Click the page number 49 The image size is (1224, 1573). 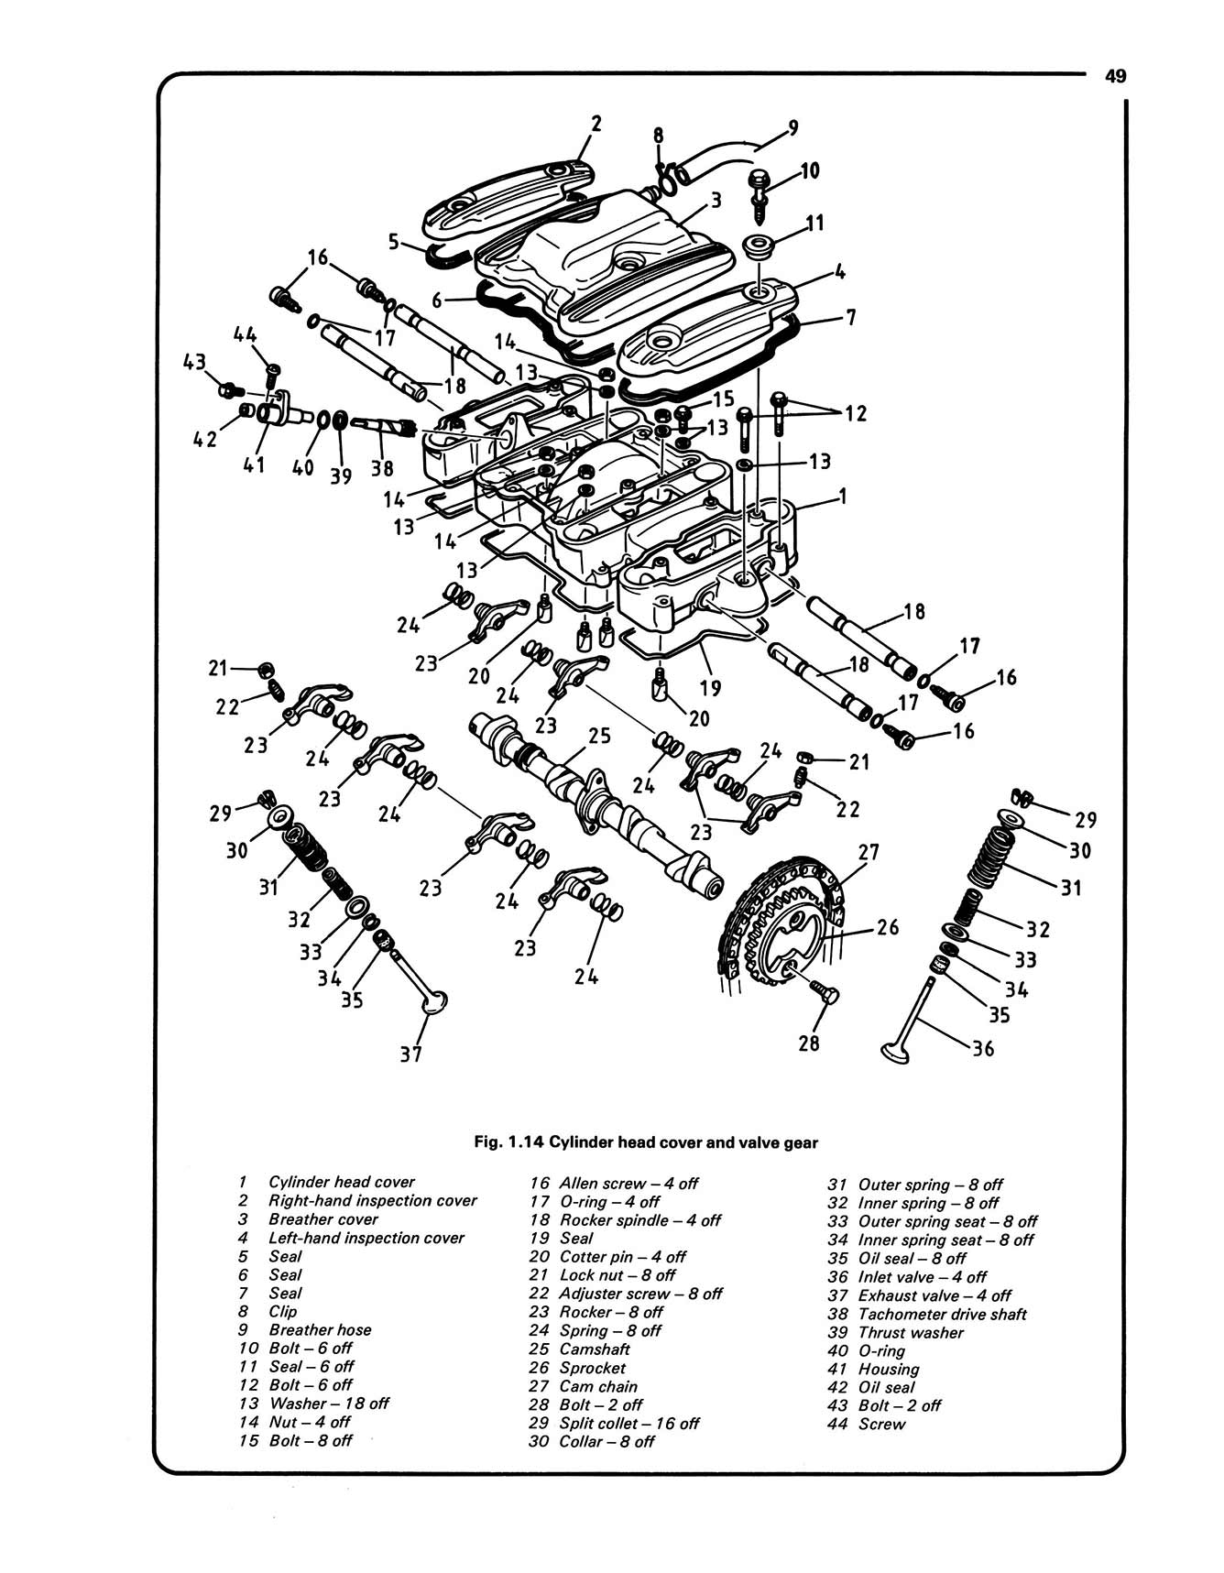coord(1114,77)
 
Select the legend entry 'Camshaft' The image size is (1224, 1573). coord(595,1349)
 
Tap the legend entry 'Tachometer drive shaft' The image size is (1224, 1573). coord(942,1314)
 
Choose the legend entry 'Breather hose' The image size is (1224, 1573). coord(320,1329)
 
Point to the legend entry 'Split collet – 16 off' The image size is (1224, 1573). coord(628,1424)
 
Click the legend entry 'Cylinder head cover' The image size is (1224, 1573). coord(341,1182)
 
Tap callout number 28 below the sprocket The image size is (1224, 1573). coord(808,1043)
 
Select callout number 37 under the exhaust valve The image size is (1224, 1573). coord(410,1054)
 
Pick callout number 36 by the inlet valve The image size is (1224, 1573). coord(982,1048)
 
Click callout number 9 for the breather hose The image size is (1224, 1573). coord(792,127)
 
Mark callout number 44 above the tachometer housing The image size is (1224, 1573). coord(245,335)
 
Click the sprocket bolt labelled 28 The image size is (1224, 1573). coord(824,991)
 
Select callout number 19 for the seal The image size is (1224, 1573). coord(710,688)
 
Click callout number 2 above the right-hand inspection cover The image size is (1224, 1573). coord(596,124)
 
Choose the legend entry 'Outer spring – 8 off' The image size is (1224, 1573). coord(930,1185)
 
